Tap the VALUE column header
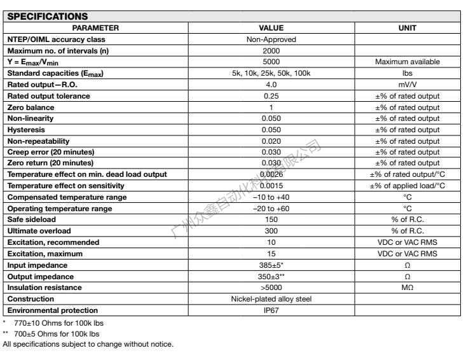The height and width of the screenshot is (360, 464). pos(271,28)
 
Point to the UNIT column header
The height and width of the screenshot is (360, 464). pos(407,28)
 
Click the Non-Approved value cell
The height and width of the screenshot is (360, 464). pos(271,39)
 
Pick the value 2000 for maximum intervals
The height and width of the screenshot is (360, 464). pos(271,50)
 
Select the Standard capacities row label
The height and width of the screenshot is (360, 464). pos(55,74)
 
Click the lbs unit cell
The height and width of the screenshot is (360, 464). pos(407,73)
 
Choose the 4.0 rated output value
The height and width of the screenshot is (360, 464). pos(271,85)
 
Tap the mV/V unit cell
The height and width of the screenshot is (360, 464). pos(407,85)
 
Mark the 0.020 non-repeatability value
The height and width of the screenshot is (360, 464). pos(271,141)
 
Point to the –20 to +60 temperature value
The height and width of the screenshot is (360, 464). pos(271,208)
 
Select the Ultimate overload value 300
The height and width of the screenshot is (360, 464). pos(271,231)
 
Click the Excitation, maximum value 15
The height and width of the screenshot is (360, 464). pos(271,254)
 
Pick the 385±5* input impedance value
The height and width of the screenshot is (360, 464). pos(271,265)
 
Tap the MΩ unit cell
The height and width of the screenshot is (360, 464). pos(407,287)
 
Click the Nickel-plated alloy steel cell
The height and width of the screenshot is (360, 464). pos(271,299)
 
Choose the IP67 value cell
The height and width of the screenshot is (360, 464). pos(271,310)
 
